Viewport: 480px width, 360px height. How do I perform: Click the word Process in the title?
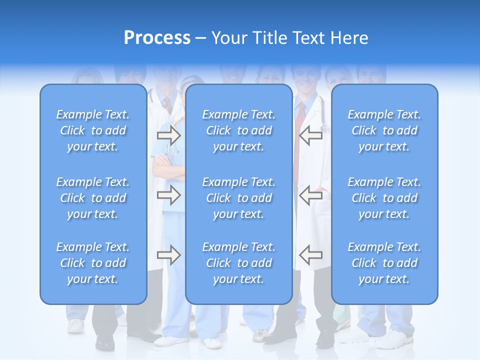pyautogui.click(x=157, y=38)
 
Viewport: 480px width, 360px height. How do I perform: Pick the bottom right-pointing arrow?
pyautogui.click(x=168, y=255)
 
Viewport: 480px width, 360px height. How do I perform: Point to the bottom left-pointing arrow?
pyautogui.click(x=311, y=255)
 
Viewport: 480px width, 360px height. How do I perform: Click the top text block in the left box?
pyautogui.click(x=93, y=130)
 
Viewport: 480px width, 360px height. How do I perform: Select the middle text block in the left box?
pyautogui.click(x=93, y=198)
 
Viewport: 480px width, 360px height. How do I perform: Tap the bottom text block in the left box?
pyautogui.click(x=93, y=263)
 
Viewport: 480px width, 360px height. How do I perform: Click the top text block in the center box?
pyautogui.click(x=239, y=130)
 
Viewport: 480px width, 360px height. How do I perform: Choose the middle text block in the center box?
pyautogui.click(x=239, y=198)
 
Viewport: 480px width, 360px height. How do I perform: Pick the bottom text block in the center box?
pyautogui.click(x=239, y=263)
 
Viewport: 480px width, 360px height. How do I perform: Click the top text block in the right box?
pyautogui.click(x=384, y=130)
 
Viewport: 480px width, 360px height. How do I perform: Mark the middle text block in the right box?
pyautogui.click(x=384, y=198)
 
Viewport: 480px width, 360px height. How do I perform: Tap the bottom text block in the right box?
pyautogui.click(x=384, y=263)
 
